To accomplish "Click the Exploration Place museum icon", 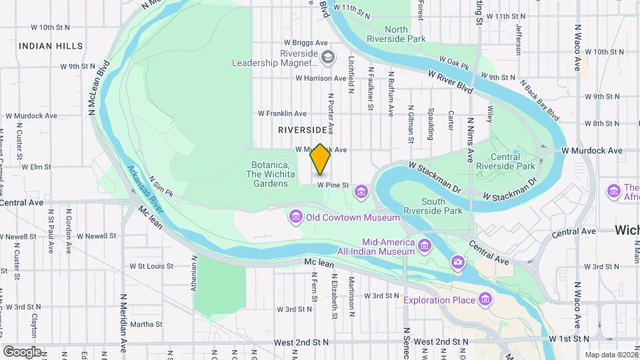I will click(x=485, y=299).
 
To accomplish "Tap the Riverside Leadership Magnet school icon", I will click(x=327, y=57).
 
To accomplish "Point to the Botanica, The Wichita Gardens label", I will click(x=270, y=175).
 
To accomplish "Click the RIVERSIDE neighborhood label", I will click(x=303, y=129).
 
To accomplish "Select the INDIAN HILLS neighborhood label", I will click(x=51, y=46).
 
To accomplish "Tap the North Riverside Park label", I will click(x=405, y=35).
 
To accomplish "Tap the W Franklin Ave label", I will click(x=282, y=113).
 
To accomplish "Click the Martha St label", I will click(x=146, y=324).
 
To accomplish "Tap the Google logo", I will click(x=23, y=351).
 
